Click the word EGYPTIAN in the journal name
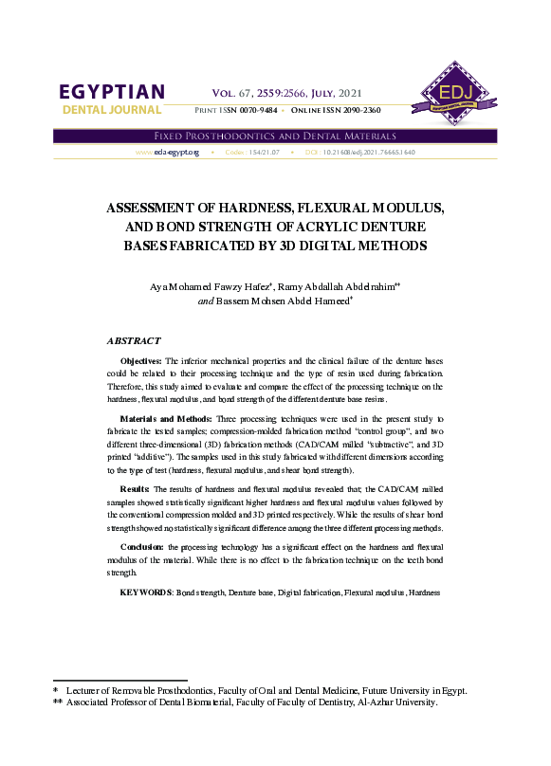[x=111, y=93]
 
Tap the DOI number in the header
[x=368, y=152]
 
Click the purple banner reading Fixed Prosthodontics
[x=274, y=137]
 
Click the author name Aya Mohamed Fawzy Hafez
[x=203, y=285]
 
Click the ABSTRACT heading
[x=134, y=340]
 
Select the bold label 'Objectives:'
[x=141, y=361]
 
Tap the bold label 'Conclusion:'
[x=145, y=548]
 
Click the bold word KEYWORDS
[x=146, y=593]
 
